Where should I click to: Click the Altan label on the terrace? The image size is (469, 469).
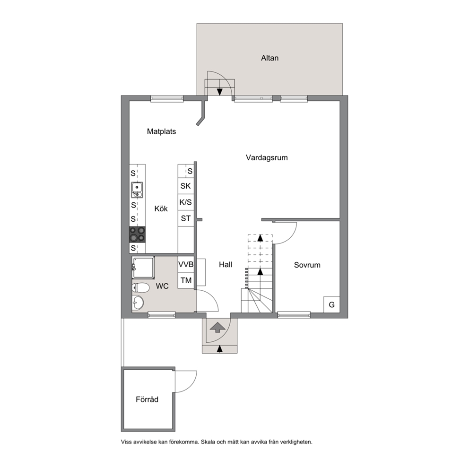pyautogui.click(x=269, y=58)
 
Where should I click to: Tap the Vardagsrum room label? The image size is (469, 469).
pyautogui.click(x=267, y=157)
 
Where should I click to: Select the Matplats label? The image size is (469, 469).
pyautogui.click(x=162, y=131)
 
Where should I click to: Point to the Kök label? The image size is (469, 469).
pyautogui.click(x=161, y=208)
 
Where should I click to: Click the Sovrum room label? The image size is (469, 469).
pyautogui.click(x=307, y=265)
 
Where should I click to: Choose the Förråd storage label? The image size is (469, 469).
pyautogui.click(x=147, y=400)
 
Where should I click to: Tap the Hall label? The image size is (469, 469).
pyautogui.click(x=226, y=264)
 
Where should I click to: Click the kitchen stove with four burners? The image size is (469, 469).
pyautogui.click(x=137, y=234)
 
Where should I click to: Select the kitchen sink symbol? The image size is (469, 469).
pyautogui.click(x=137, y=190)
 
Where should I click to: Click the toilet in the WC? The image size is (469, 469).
pyautogui.click(x=140, y=288)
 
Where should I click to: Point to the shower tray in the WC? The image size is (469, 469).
pyautogui.click(x=143, y=268)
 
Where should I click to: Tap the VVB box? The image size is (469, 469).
pyautogui.click(x=186, y=264)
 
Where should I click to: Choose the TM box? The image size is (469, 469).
pyautogui.click(x=186, y=280)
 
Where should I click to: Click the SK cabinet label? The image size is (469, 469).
pyautogui.click(x=185, y=186)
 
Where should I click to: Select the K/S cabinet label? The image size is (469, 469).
pyautogui.click(x=185, y=202)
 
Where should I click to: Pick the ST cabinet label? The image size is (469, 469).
pyautogui.click(x=186, y=218)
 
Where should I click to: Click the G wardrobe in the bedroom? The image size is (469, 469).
pyautogui.click(x=332, y=304)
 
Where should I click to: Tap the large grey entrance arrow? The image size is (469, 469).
pyautogui.click(x=217, y=328)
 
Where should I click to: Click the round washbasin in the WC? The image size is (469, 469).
pyautogui.click(x=138, y=303)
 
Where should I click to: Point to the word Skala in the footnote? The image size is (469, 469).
pyautogui.click(x=208, y=442)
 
